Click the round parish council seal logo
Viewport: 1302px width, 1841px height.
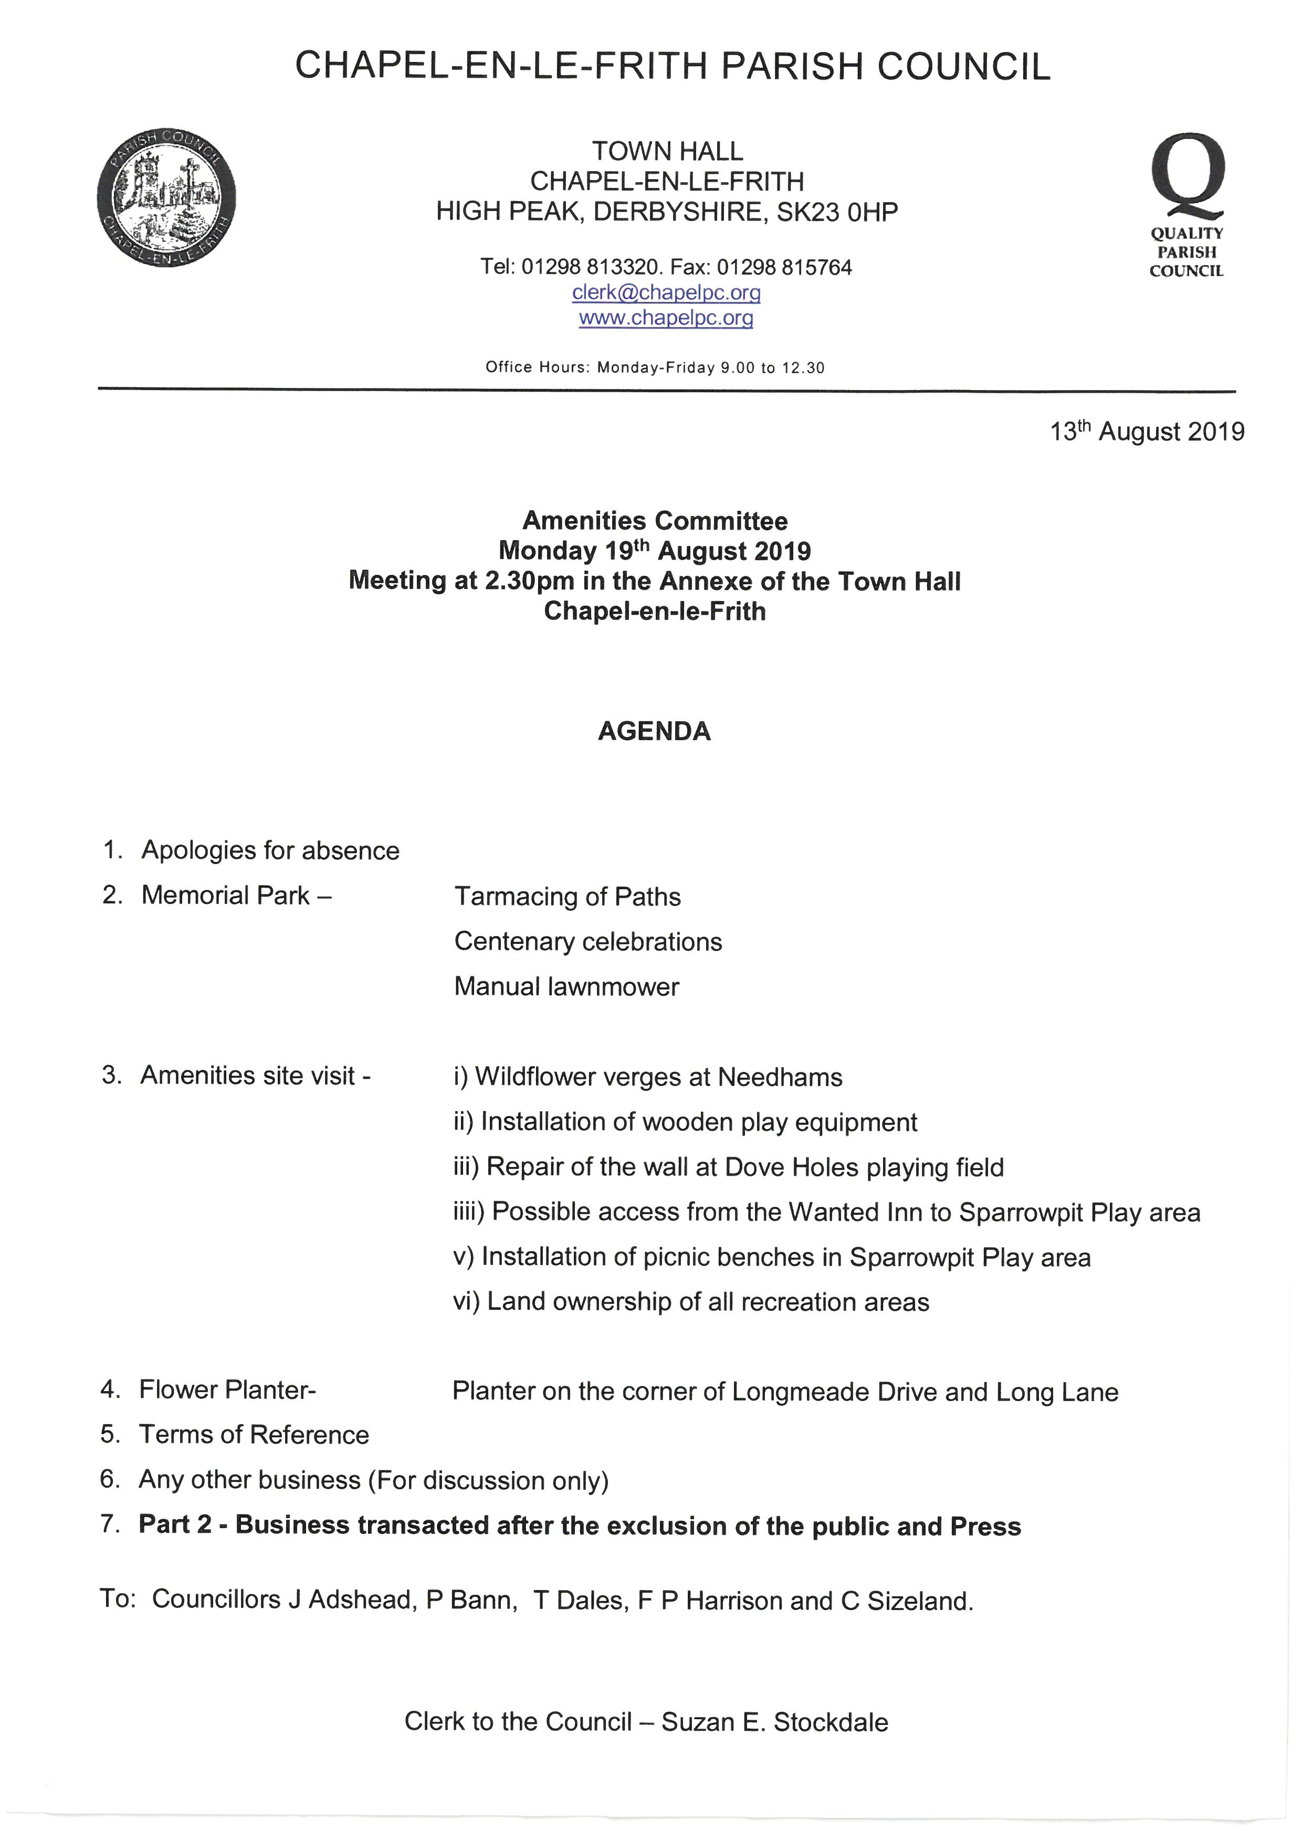pyautogui.click(x=166, y=197)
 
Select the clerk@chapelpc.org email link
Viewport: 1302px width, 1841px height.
pyautogui.click(x=666, y=293)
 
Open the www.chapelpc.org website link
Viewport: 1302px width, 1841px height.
pyautogui.click(x=666, y=318)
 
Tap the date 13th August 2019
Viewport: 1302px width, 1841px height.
pyautogui.click(x=1147, y=432)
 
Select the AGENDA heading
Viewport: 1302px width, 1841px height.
pyautogui.click(x=654, y=731)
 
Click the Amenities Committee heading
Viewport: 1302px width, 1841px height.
pyautogui.click(x=655, y=521)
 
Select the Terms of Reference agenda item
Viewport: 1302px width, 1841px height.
pyautogui.click(x=254, y=1435)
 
